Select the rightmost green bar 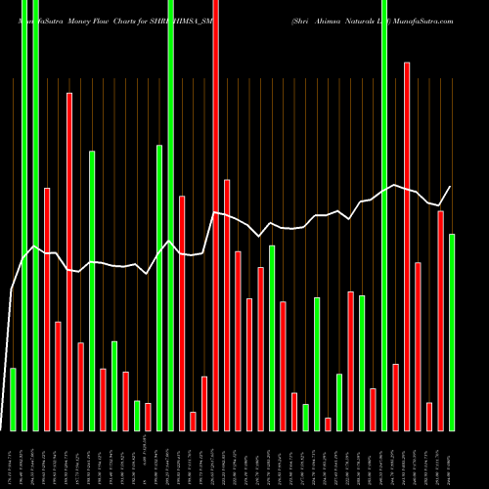pos(452,333)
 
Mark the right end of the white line pos(451,187)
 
